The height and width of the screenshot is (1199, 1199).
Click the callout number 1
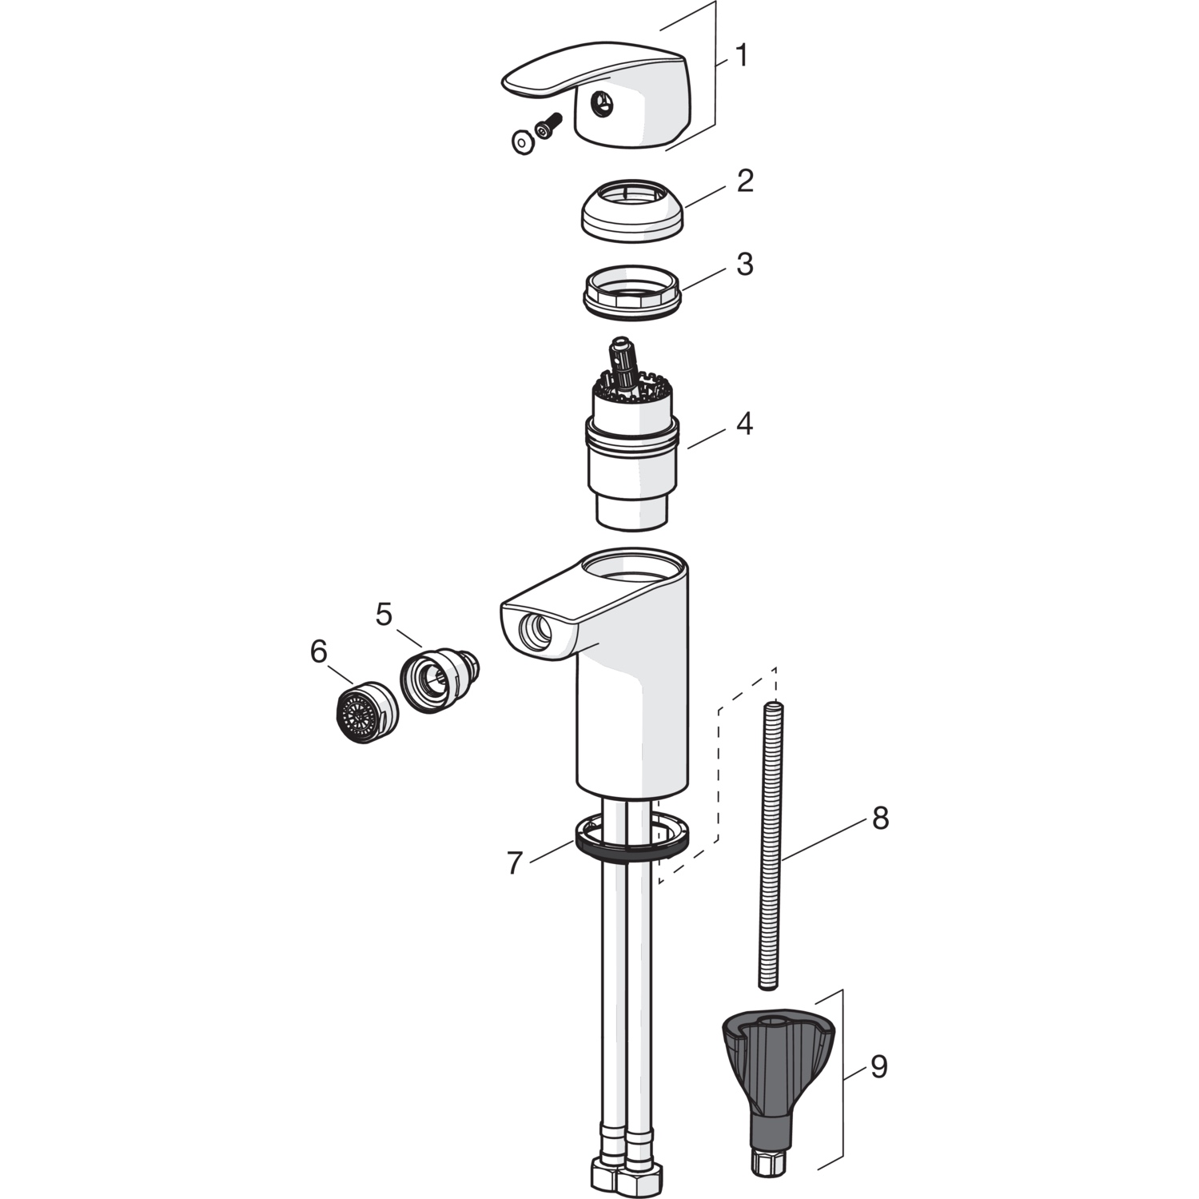pos(743,55)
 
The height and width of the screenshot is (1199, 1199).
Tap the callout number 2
pos(745,181)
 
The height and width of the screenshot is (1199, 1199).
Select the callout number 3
pos(745,264)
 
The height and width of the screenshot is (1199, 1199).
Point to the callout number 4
pos(744,424)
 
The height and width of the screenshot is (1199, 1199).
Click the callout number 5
pos(384,615)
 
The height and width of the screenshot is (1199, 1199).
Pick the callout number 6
pos(319,652)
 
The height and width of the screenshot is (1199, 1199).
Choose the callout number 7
pos(515,863)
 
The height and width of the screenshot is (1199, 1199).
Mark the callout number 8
pos(880,818)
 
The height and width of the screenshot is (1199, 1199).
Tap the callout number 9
pos(879,1066)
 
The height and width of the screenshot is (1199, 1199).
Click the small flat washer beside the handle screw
pos(523,142)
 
